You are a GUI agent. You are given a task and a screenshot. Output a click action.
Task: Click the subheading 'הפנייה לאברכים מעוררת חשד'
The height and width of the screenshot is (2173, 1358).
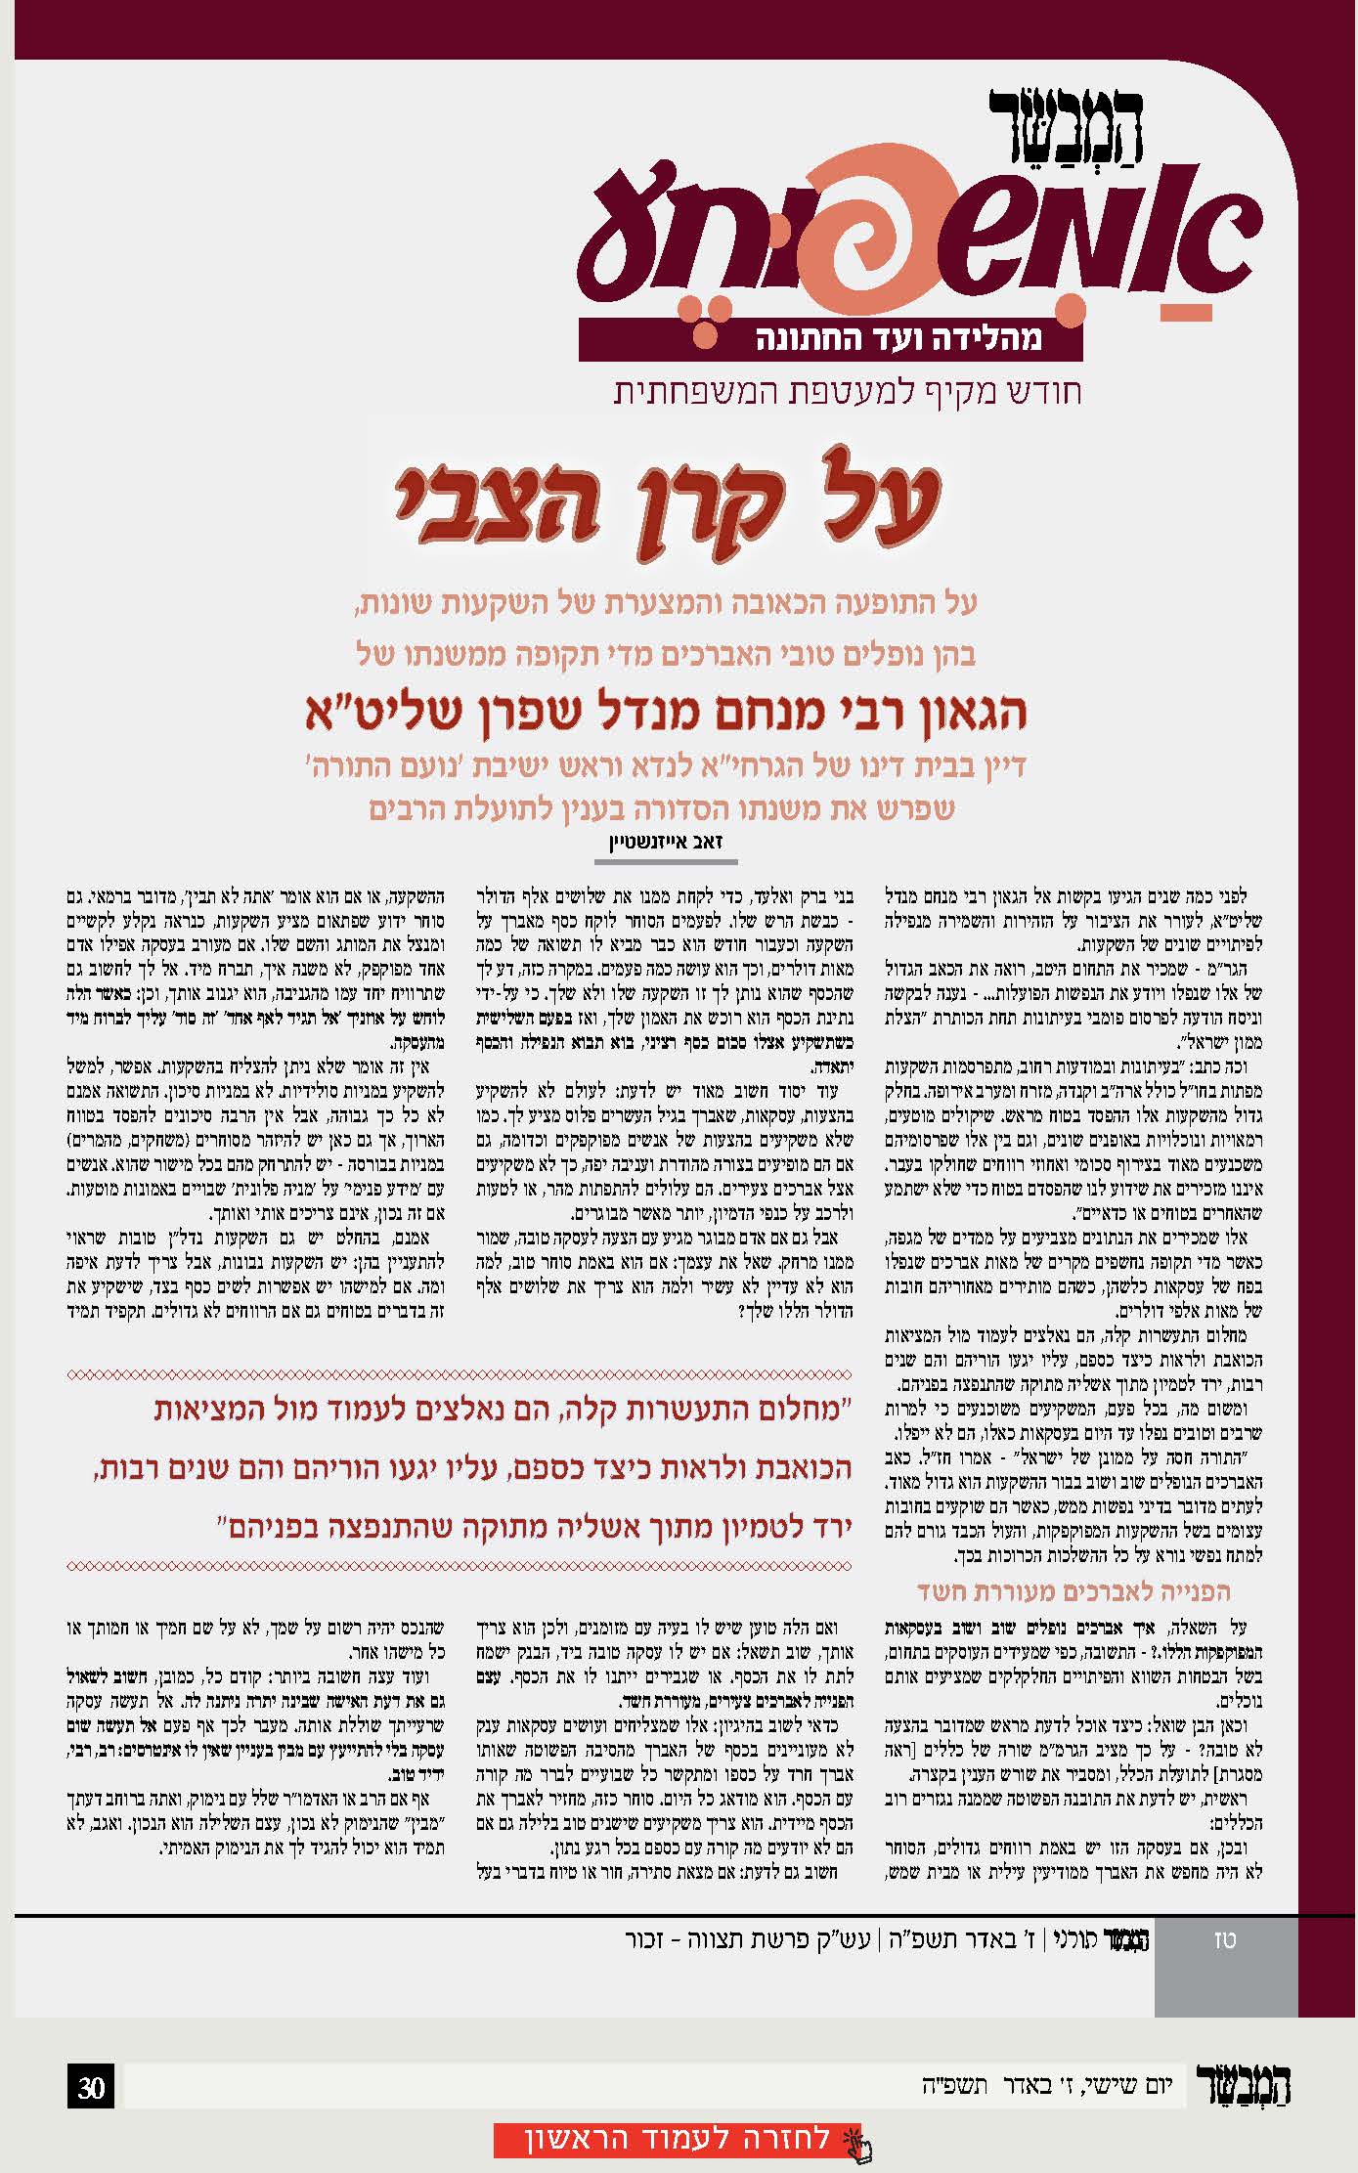point(1073,1590)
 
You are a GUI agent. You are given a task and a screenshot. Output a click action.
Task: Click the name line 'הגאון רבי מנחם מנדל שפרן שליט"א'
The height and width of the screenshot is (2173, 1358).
point(668,711)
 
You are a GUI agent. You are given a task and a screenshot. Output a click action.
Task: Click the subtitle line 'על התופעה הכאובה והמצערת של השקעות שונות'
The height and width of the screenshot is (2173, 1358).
point(667,603)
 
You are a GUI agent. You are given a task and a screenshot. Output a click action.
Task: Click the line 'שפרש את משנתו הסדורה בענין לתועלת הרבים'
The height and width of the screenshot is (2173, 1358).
point(662,808)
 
